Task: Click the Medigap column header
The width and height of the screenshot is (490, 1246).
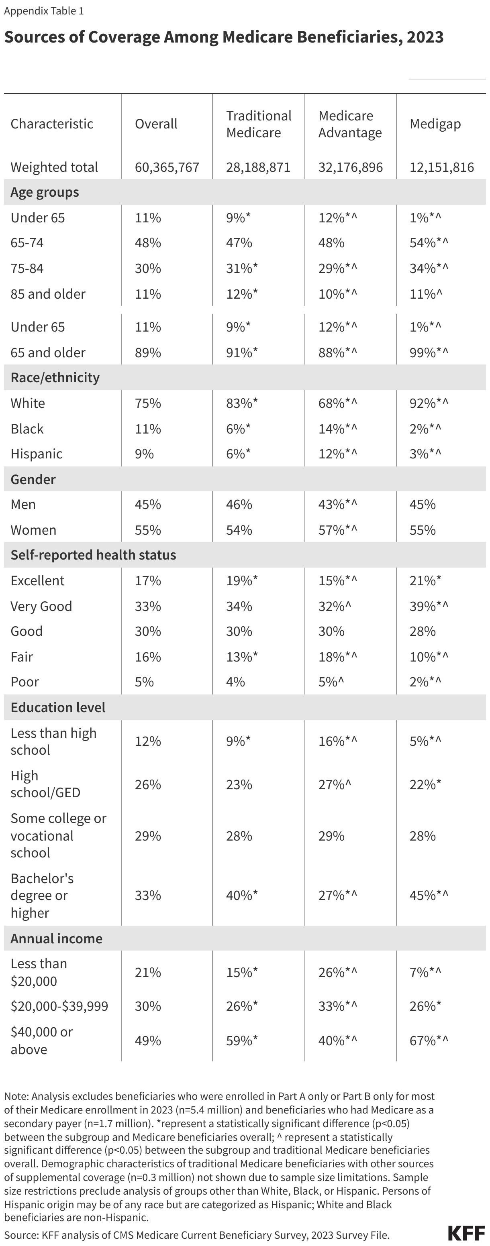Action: coord(435,124)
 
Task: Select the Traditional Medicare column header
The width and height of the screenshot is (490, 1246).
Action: coord(259,124)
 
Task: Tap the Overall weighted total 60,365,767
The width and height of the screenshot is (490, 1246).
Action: coord(167,167)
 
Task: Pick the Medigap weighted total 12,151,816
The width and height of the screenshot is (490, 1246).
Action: coord(441,167)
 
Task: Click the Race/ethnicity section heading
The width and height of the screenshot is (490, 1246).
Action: coord(55,378)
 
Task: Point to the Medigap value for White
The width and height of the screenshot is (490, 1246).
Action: coord(429,403)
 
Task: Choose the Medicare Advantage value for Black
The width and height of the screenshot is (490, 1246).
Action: coord(337,429)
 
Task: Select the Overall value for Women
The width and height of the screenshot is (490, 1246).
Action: coord(148,530)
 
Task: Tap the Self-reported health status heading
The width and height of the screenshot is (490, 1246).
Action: coord(93,555)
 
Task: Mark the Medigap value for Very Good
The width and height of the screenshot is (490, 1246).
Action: coord(429,607)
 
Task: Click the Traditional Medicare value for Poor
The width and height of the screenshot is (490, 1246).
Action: coord(235,682)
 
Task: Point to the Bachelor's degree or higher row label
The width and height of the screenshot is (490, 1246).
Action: coord(42,895)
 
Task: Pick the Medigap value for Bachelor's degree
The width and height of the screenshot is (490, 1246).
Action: coord(429,895)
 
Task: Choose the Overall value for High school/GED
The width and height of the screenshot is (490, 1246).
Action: coord(148,784)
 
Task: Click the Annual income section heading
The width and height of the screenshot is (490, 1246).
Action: coord(56,939)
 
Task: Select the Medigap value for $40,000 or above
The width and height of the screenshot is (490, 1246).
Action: coord(429,1041)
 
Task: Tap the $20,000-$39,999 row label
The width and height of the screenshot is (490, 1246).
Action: coord(59,1007)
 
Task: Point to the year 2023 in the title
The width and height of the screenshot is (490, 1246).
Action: coord(425,37)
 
